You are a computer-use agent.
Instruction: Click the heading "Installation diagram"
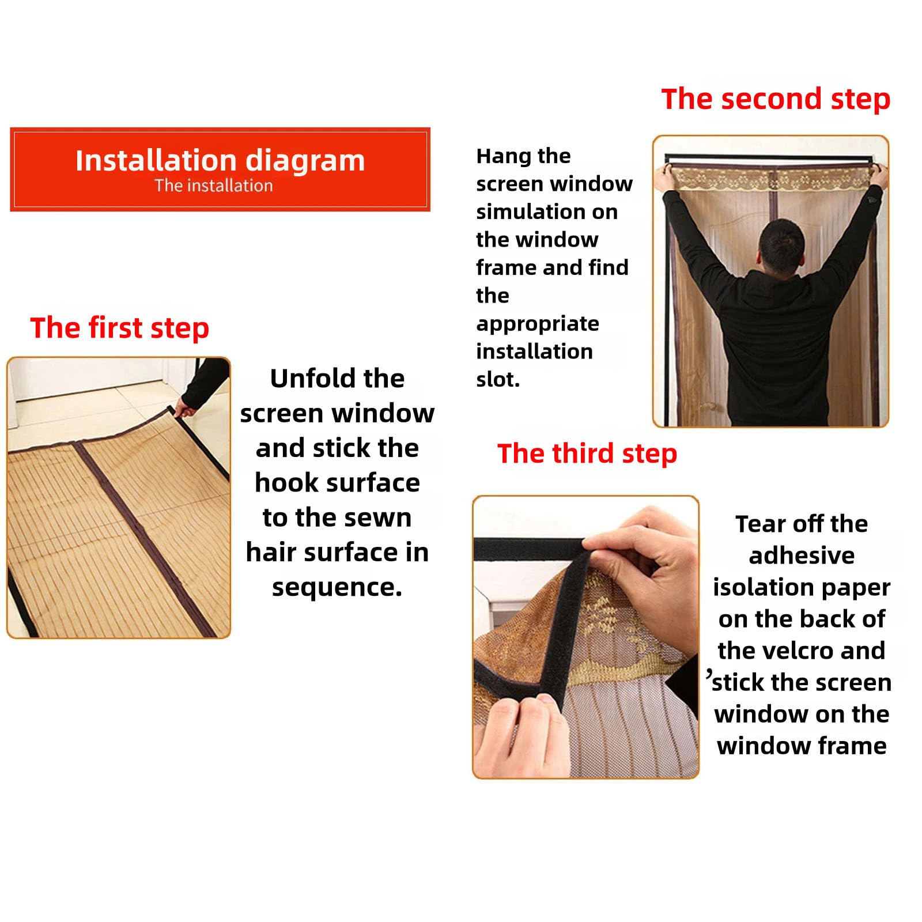point(220,161)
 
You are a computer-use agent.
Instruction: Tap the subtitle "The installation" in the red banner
point(214,186)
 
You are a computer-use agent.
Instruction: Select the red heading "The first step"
point(119,328)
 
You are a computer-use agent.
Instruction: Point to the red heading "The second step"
point(776,99)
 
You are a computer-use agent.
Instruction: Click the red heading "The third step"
point(587,454)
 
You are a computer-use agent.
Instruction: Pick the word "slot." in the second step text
point(498,379)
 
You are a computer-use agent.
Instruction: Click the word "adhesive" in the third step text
point(802,556)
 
